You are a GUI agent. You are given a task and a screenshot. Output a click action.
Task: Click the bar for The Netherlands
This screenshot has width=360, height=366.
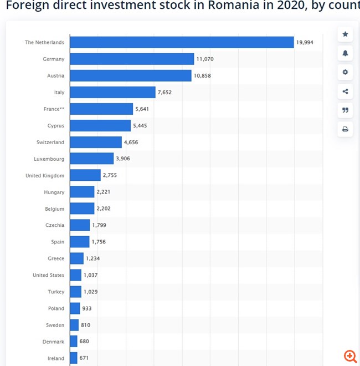pyautogui.click(x=182, y=42)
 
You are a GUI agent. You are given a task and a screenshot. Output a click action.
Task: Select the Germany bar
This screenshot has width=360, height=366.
pyautogui.click(x=132, y=59)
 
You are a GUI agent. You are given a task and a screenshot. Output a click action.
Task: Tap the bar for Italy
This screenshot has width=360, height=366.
pyautogui.click(x=112, y=92)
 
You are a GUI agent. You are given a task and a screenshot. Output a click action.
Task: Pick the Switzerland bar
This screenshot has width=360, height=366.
pyautogui.click(x=96, y=142)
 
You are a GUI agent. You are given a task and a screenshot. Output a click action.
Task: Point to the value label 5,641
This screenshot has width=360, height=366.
pyautogui.click(x=142, y=109)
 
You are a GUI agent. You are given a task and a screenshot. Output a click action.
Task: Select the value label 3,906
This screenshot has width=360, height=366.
pyautogui.click(x=123, y=159)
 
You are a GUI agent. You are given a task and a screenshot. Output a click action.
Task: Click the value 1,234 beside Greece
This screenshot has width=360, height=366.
pyautogui.click(x=92, y=258)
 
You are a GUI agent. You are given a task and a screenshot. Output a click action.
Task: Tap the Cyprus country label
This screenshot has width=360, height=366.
pyautogui.click(x=56, y=125)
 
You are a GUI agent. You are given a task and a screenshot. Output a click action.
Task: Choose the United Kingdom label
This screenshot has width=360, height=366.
pyautogui.click(x=45, y=175)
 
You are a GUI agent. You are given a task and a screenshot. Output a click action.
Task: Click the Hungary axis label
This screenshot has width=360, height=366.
pyautogui.click(x=54, y=192)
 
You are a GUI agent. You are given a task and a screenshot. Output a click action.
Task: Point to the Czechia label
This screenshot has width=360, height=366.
pyautogui.click(x=55, y=225)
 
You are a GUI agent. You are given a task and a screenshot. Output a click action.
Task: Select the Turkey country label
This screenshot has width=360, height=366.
pyautogui.click(x=56, y=292)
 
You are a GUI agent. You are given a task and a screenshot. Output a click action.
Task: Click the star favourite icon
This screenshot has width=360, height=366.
pyautogui.click(x=345, y=34)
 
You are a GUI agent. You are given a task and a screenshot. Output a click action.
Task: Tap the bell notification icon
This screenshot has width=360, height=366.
pyautogui.click(x=345, y=53)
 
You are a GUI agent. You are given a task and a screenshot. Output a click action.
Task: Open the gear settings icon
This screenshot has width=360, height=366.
pyautogui.click(x=345, y=72)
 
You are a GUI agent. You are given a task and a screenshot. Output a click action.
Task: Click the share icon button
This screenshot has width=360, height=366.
pyautogui.click(x=345, y=91)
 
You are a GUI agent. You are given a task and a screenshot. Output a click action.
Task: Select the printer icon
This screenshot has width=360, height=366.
pyautogui.click(x=345, y=129)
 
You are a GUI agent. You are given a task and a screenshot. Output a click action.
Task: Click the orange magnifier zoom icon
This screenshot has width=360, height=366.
pyautogui.click(x=350, y=356)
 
